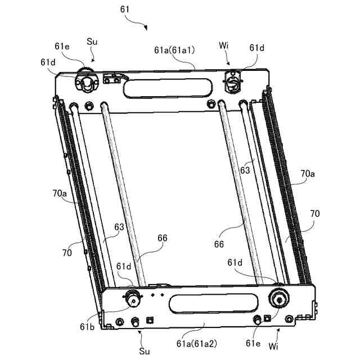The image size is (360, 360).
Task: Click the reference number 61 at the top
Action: [x=125, y=10]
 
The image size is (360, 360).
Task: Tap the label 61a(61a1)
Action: [x=174, y=50]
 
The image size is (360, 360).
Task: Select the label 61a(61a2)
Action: [x=196, y=344]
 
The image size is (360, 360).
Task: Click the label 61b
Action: [x=87, y=327]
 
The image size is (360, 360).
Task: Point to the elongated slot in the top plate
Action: [x=168, y=88]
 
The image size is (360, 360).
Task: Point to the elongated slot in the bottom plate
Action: [x=214, y=304]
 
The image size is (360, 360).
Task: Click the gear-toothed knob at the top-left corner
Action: [x=87, y=79]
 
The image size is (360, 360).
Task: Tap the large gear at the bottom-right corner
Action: [x=279, y=298]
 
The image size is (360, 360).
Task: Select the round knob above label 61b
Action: [x=133, y=298]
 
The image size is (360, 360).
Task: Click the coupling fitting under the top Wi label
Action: [x=233, y=81]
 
